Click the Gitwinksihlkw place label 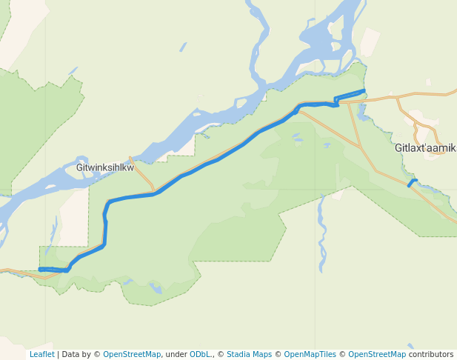pos(105,167)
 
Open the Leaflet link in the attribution pos(41,354)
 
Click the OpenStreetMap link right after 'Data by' pos(131,354)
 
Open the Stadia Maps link pos(249,354)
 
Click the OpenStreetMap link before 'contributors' pos(377,354)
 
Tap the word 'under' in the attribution pos(176,354)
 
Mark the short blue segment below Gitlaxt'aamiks pos(413,183)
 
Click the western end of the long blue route pos(40,269)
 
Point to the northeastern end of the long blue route pos(364,90)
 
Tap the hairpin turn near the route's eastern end pos(336,101)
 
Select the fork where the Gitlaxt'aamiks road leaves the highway pos(396,97)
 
